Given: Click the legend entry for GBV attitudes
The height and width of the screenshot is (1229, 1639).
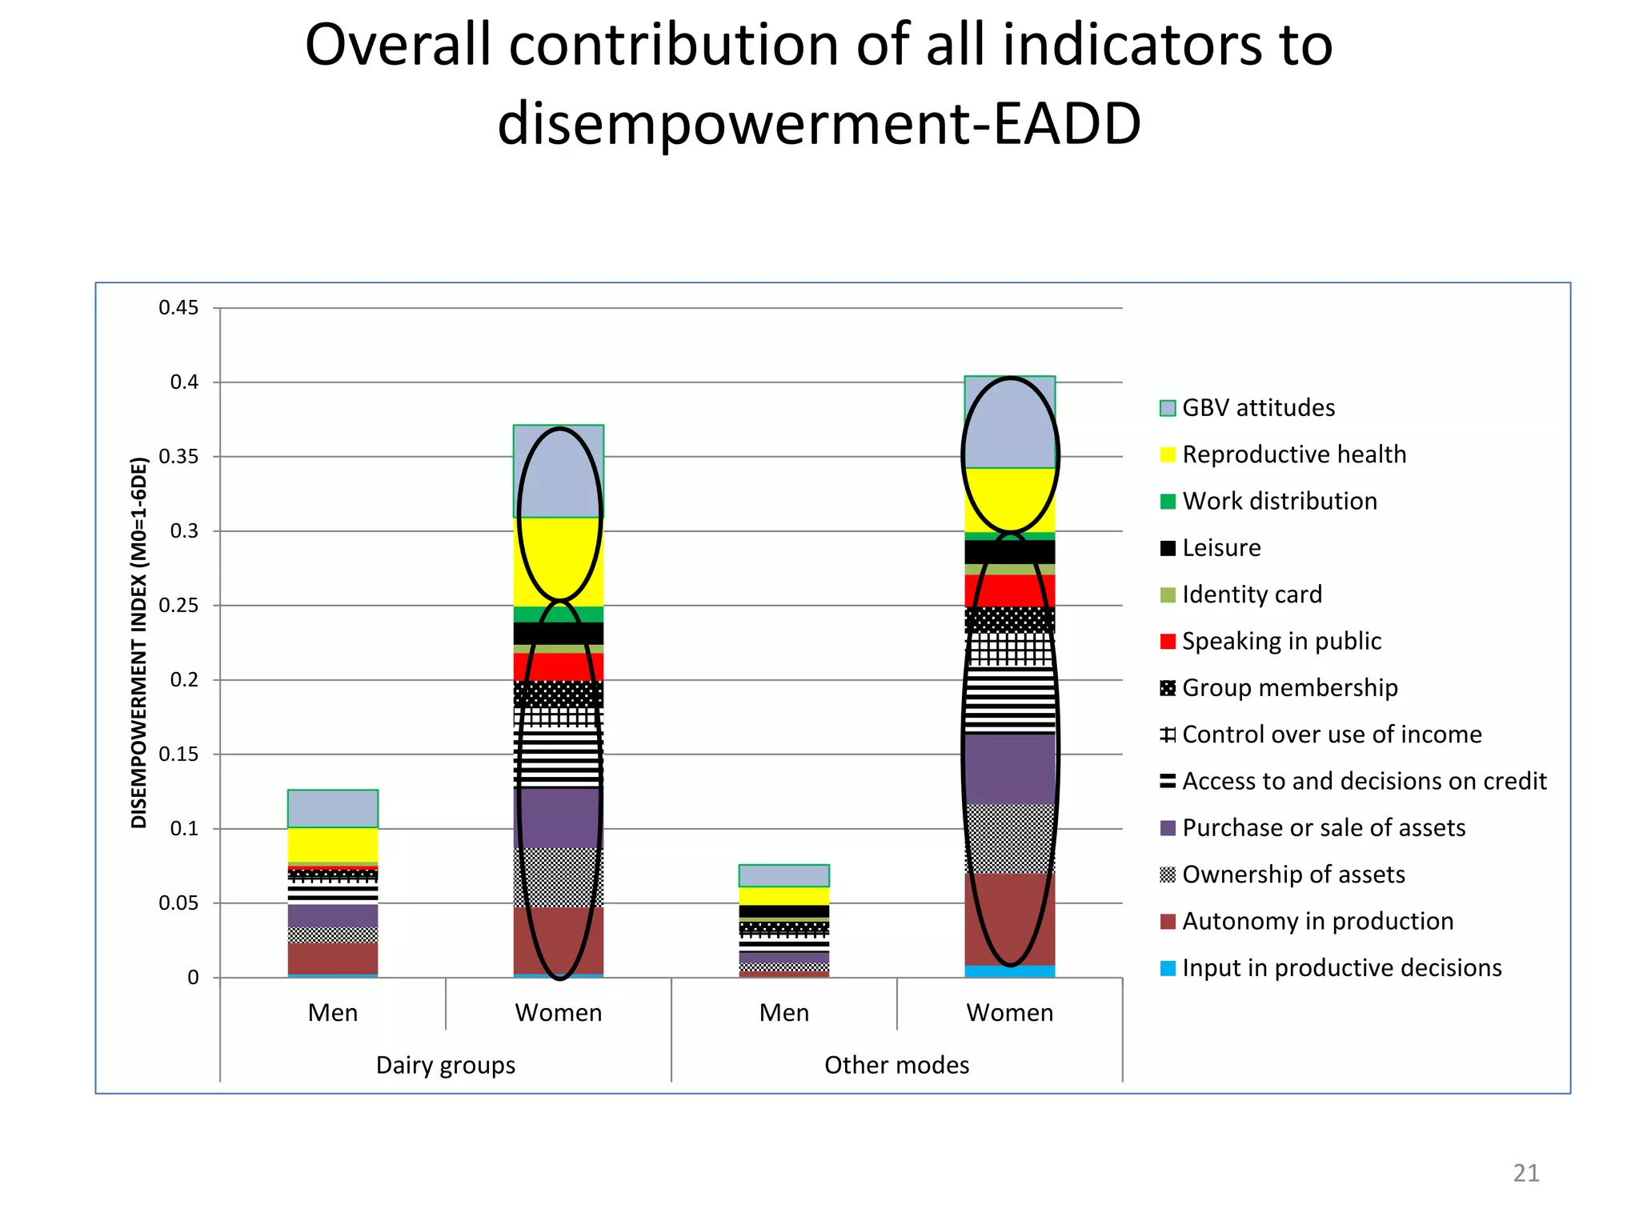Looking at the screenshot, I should coord(1257,408).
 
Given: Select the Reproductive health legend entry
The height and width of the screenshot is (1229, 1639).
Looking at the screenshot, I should coord(1293,454).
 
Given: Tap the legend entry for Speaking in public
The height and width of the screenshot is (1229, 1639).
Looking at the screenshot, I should coord(1280,641).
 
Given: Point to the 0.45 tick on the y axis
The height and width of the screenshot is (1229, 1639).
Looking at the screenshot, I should coord(178,308).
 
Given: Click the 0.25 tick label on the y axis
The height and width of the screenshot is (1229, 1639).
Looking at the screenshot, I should coord(178,606).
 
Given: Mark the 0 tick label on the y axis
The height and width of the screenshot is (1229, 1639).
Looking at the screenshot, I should coord(193,978).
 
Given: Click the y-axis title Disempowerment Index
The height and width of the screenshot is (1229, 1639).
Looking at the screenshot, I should coord(139,643).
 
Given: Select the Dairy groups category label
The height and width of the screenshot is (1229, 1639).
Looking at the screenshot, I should coord(446,1065).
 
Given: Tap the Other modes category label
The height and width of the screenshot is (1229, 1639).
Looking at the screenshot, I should coord(896,1065).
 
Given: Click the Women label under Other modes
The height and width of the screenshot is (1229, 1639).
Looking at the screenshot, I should coord(1010,1013).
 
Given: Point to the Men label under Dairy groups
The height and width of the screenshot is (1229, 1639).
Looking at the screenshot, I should coord(333,1013).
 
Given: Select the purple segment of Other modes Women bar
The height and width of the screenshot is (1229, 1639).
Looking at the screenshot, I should coord(1010,769).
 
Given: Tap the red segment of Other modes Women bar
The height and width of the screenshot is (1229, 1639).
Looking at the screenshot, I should coord(1010,590).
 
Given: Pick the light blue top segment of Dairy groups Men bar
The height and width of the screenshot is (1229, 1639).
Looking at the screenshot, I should coord(333,808).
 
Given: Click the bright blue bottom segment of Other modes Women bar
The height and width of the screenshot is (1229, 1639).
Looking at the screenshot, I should coord(1010,971).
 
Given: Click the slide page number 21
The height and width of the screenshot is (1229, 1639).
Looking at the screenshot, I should coord(1525,1173).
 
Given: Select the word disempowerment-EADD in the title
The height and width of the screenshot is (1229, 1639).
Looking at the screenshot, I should coord(819,124).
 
